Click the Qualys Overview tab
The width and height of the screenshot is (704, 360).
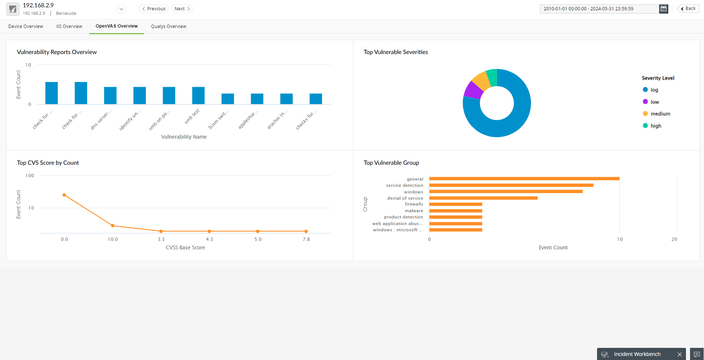pos(168,26)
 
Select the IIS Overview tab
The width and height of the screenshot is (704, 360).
pos(69,26)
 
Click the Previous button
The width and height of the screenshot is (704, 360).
pos(154,9)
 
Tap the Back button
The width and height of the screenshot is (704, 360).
pos(688,8)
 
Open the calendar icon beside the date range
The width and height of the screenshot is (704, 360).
pos(663,9)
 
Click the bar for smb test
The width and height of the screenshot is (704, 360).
pos(198,96)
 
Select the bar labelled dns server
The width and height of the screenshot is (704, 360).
pos(110,96)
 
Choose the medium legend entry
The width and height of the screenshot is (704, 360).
pos(660,114)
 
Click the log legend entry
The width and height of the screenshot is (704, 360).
pos(654,90)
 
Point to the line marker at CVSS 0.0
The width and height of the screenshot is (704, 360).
pos(64,195)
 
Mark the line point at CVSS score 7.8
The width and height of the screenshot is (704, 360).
pos(306,231)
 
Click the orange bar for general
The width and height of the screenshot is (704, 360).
pos(524,179)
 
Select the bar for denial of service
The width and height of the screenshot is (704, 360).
pos(483,198)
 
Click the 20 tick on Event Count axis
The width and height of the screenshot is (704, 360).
pos(674,239)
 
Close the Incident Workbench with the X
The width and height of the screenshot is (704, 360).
pos(679,354)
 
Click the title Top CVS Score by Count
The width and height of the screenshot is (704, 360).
pos(48,163)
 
